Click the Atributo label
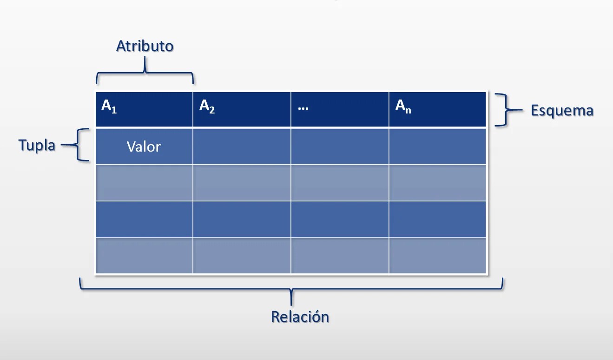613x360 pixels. [145, 47]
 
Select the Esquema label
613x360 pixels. [562, 111]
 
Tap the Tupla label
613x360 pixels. [37, 145]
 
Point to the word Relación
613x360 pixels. [300, 317]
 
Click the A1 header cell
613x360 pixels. [144, 109]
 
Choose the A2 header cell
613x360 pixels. [242, 109]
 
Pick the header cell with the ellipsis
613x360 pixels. [340, 109]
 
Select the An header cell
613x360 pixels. [437, 109]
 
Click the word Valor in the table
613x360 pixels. [144, 147]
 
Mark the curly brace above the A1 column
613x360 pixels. [145, 74]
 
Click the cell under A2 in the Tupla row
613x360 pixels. [242, 146]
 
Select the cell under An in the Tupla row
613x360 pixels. [437, 146]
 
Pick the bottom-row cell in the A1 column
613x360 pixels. [144, 255]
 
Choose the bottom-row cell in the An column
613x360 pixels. [437, 255]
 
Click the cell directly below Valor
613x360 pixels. [144, 182]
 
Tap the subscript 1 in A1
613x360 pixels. [114, 111]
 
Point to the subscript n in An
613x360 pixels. [409, 111]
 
